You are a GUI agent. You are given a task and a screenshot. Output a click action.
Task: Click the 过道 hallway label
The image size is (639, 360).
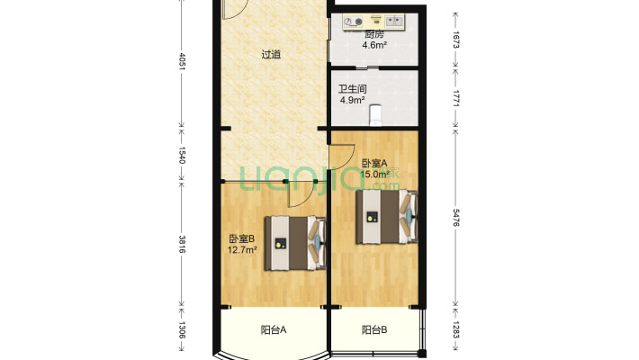click(271, 54)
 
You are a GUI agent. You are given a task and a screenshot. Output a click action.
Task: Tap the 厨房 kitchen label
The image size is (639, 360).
click(374, 35)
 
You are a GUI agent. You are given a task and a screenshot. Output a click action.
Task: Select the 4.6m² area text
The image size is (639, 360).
click(374, 45)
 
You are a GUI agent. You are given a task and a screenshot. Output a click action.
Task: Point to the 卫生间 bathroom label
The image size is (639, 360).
click(352, 89)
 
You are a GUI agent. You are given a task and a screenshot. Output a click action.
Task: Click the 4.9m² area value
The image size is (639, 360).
click(352, 100)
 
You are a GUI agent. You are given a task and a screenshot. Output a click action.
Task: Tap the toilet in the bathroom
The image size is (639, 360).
click(375, 115)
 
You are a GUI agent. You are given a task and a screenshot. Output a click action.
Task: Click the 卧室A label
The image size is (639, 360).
click(374, 164)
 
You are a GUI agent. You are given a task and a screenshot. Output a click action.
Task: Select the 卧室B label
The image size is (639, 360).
click(242, 238)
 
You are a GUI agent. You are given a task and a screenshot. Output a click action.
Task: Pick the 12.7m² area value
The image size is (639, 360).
click(242, 249)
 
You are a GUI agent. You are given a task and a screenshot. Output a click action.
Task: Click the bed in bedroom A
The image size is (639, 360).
click(387, 217)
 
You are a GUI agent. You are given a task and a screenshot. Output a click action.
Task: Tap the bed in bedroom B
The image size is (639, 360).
click(295, 243)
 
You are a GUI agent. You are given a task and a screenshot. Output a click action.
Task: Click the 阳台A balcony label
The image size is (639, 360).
click(274, 329)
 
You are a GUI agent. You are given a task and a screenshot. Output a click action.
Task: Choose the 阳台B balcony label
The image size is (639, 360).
click(374, 329)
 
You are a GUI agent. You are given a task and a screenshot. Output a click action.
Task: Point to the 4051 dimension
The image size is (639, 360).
click(182, 61)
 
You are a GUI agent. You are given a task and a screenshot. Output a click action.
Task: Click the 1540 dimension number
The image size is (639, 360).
click(182, 156)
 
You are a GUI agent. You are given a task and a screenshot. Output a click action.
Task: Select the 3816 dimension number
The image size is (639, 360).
click(182, 244)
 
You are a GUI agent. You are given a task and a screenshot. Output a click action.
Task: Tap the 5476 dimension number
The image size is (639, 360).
click(456, 218)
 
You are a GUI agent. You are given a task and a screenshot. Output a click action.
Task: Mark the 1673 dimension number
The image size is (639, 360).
click(456, 40)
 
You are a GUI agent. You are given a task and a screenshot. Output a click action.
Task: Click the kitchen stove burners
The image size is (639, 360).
click(353, 22)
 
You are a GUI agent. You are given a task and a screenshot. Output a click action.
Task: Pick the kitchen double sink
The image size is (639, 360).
click(394, 21)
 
